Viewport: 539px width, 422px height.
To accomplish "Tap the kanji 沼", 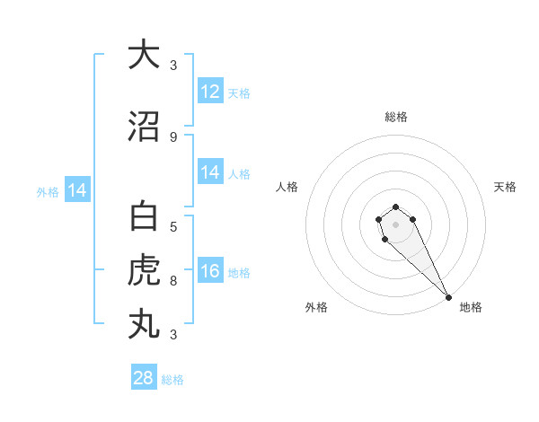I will pyautogui.click(x=144, y=128).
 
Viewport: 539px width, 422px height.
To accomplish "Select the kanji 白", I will pyautogui.click(x=144, y=218).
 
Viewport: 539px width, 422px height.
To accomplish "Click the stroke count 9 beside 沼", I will pyautogui.click(x=173, y=137).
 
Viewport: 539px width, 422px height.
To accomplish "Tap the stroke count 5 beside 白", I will pyautogui.click(x=173, y=227).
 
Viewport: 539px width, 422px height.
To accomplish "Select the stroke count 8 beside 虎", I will pyautogui.click(x=173, y=281).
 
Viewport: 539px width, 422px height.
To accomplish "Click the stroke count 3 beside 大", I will pyautogui.click(x=173, y=65).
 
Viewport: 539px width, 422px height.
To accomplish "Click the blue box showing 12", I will pyautogui.click(x=210, y=92).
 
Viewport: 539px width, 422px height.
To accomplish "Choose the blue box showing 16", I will pyautogui.click(x=210, y=271).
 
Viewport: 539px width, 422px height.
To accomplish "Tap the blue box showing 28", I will pyautogui.click(x=144, y=378).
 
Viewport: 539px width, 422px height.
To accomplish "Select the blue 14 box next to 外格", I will pyautogui.click(x=77, y=190).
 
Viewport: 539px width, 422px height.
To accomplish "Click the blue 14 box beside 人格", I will pyautogui.click(x=210, y=172).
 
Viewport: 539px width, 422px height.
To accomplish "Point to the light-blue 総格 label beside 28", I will pyautogui.click(x=172, y=380).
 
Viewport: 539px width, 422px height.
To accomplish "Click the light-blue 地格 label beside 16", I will pyautogui.click(x=239, y=273).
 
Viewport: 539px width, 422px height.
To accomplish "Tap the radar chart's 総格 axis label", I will pyautogui.click(x=395, y=117).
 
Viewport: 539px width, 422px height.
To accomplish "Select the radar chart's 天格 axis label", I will pyautogui.click(x=506, y=187).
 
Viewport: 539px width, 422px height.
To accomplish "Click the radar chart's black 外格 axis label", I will pyautogui.click(x=316, y=307).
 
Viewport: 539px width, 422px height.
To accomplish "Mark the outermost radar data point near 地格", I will pyautogui.click(x=448, y=297).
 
